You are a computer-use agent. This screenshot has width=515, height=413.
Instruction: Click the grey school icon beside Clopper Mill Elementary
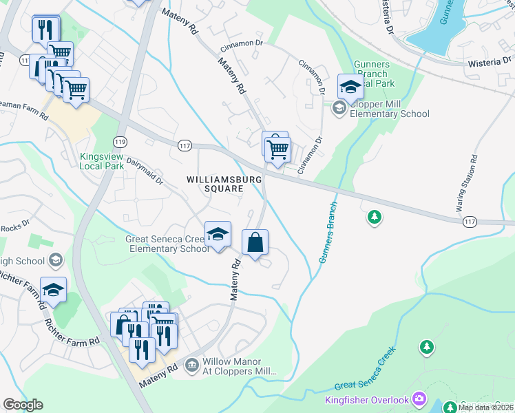[339, 107]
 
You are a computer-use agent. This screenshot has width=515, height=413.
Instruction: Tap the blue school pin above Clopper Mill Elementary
[350, 89]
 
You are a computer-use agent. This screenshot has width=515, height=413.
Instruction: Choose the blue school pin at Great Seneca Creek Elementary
[218, 235]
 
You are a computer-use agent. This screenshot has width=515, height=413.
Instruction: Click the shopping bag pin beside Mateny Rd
[255, 244]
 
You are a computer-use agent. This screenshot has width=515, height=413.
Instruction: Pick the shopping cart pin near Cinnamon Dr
[277, 149]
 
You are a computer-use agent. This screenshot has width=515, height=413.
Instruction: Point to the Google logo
[23, 405]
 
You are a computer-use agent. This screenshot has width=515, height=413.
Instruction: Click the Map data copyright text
[485, 407]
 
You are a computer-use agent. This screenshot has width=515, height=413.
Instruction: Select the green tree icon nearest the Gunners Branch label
[374, 218]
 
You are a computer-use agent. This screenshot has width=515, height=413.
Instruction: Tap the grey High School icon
[56, 260]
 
